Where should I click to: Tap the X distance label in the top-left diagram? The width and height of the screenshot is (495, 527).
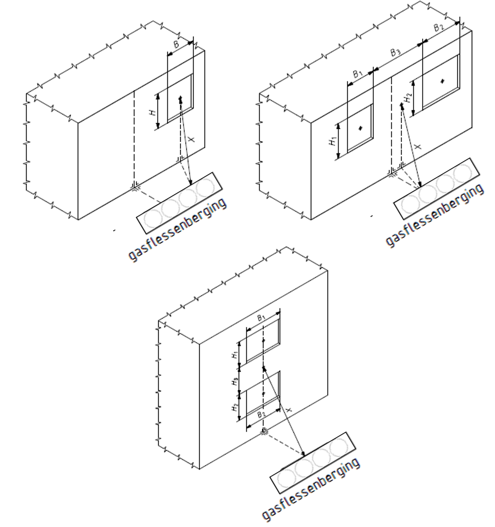click(x=192, y=138)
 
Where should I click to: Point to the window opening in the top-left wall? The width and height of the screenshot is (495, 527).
click(x=180, y=98)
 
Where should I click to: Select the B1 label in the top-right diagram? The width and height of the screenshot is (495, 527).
click(x=358, y=74)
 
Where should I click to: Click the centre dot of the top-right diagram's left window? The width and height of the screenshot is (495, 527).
click(x=360, y=128)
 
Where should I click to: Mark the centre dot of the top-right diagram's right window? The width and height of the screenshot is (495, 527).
click(x=442, y=81)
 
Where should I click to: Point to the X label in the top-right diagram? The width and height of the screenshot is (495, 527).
click(x=418, y=146)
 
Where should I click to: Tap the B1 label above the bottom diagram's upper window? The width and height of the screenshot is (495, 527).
click(x=261, y=318)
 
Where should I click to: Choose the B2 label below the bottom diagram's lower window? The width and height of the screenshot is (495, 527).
click(x=261, y=414)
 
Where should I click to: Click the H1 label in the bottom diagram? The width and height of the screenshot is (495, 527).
click(x=235, y=355)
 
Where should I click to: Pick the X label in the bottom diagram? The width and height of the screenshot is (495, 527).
click(x=289, y=410)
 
